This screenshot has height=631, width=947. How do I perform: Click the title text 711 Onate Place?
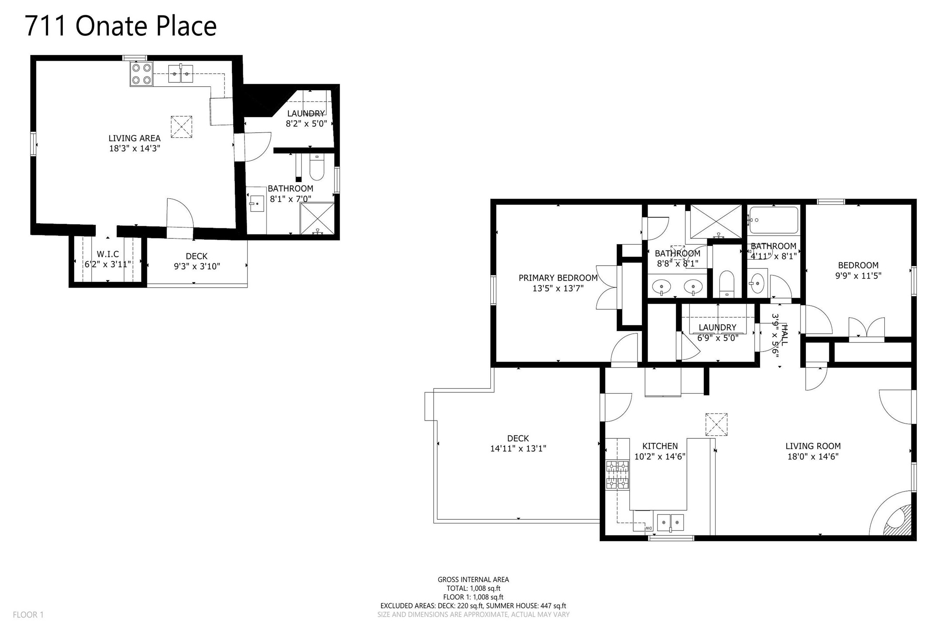tap(121, 26)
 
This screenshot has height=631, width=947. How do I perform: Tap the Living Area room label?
tap(135, 138)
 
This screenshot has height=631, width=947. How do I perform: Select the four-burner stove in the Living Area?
tap(141, 74)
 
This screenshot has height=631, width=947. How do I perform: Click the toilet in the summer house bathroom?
tap(317, 168)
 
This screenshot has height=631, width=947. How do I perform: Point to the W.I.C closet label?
tap(108, 254)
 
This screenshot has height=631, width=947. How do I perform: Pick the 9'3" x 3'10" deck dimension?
tap(197, 266)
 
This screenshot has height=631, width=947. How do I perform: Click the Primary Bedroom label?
tap(558, 278)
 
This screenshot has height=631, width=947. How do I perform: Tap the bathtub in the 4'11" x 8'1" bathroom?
tap(774, 220)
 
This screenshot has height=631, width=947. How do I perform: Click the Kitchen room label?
tap(660, 446)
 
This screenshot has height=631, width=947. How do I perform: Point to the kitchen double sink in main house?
tap(670, 522)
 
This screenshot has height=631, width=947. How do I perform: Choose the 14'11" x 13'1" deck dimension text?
tap(518, 448)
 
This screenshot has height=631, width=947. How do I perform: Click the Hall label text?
tap(784, 335)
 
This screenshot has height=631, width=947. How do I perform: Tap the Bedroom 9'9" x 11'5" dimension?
tap(859, 275)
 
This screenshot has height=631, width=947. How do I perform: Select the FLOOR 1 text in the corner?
tap(28, 615)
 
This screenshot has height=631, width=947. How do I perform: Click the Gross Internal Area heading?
tap(473, 580)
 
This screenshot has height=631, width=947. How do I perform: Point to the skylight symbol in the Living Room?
tap(716, 424)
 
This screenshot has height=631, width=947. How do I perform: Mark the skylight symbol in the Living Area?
tap(182, 127)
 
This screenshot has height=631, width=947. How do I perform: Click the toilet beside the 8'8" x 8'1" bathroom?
tap(727, 284)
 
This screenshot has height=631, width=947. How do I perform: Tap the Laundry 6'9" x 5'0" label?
tap(717, 332)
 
